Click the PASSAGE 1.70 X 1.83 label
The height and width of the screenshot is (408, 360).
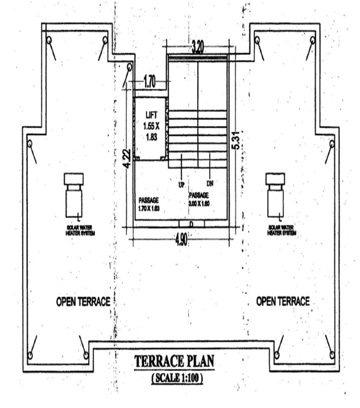[x=149, y=205]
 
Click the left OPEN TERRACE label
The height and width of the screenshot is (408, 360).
[x=83, y=302]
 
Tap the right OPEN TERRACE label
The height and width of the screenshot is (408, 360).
[x=282, y=301]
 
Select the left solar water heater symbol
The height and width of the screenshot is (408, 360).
[x=73, y=195]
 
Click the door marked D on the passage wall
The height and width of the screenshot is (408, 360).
[x=190, y=224]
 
